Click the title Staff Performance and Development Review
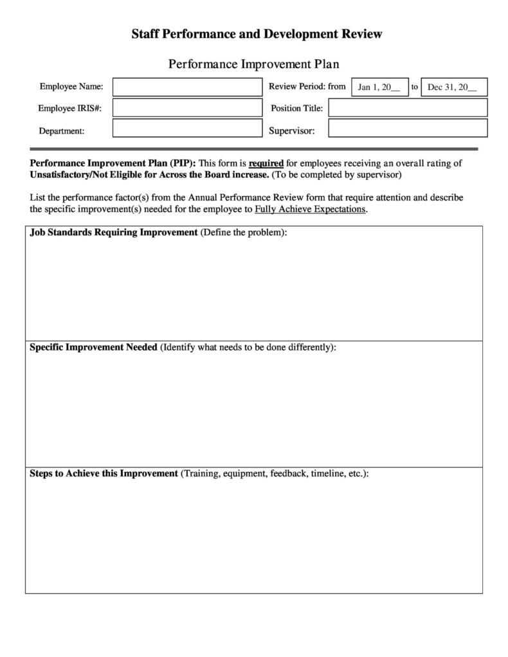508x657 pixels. [257, 34]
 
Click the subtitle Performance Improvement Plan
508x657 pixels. [253, 64]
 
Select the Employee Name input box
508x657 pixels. [187, 87]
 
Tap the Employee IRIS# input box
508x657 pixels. [187, 108]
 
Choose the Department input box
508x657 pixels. [187, 128]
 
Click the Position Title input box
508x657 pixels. [408, 108]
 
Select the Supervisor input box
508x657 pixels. [408, 129]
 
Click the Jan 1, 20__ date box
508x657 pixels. [379, 87]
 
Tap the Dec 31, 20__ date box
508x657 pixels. [453, 87]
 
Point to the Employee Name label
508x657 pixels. [71, 87]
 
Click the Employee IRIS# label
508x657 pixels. [69, 108]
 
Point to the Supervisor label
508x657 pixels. [291, 131]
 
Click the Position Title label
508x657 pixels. [296, 108]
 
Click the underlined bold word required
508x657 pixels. [266, 163]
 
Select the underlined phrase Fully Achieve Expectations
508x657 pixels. [310, 209]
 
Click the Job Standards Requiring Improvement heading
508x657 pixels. [114, 232]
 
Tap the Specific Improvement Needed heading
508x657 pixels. [94, 347]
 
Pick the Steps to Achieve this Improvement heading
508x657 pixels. [104, 473]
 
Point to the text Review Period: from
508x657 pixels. [307, 86]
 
